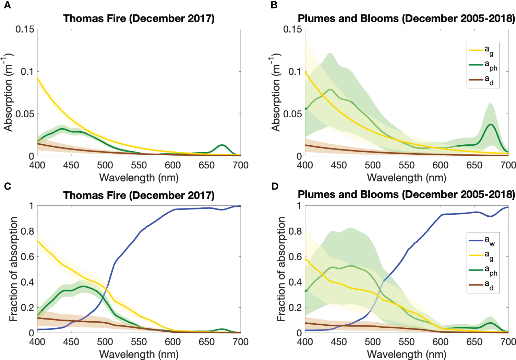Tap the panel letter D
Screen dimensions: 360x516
click(275, 186)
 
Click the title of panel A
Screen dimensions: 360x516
click(139, 19)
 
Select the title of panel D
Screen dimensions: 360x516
click(406, 195)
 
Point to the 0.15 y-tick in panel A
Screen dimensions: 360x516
click(25, 29)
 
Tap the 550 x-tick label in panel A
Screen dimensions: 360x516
click(139, 165)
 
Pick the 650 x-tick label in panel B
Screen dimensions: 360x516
click(474, 165)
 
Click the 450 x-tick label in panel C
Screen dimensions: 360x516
click(71, 342)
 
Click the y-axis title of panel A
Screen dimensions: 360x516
click(8, 93)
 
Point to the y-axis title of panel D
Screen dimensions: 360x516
click(281, 269)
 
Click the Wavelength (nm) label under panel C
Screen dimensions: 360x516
click(139, 354)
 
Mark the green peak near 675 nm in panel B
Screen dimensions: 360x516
click(491, 124)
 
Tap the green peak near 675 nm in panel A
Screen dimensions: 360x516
click(222, 145)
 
